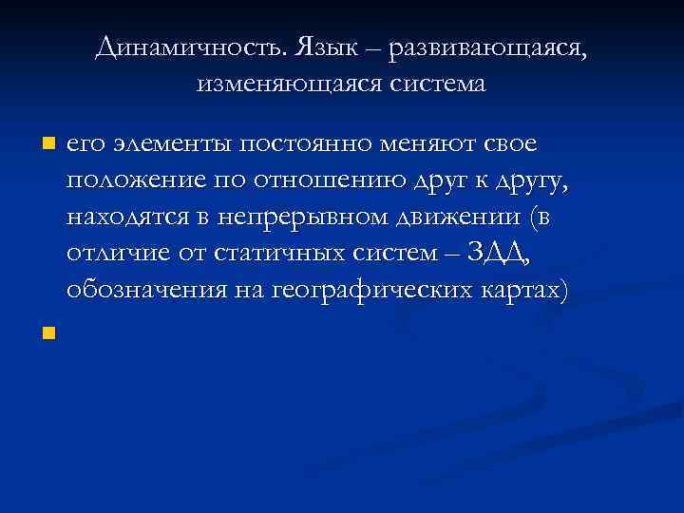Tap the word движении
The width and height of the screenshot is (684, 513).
pyautogui.click(x=455, y=218)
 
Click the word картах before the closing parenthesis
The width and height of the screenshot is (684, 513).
pyautogui.click(x=522, y=291)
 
